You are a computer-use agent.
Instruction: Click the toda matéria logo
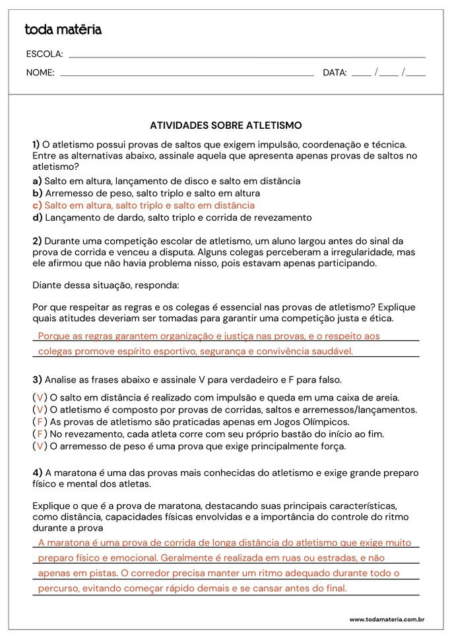point(63,30)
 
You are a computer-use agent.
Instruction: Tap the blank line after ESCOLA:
point(247,56)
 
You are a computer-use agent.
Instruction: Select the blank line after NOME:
point(187,75)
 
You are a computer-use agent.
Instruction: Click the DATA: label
point(335,73)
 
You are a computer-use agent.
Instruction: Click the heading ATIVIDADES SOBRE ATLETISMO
point(226,125)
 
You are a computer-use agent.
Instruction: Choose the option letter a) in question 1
point(37,181)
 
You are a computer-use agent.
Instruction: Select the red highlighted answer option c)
point(143,206)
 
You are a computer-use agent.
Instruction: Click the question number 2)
point(37,241)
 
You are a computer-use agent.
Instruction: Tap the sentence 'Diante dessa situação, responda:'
point(106,285)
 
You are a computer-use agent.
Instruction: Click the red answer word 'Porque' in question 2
point(53,336)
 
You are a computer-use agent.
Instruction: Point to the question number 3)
point(37,379)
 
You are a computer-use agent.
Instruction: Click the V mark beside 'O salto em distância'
point(40,398)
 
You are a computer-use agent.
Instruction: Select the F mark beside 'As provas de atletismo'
point(40,422)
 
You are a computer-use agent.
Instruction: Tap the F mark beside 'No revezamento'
point(40,434)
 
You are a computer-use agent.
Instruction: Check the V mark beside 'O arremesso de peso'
point(40,446)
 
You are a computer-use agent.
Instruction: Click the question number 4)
point(37,472)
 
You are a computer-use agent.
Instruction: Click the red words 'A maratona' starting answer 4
point(63,543)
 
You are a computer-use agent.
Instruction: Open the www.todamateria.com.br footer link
point(386,619)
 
